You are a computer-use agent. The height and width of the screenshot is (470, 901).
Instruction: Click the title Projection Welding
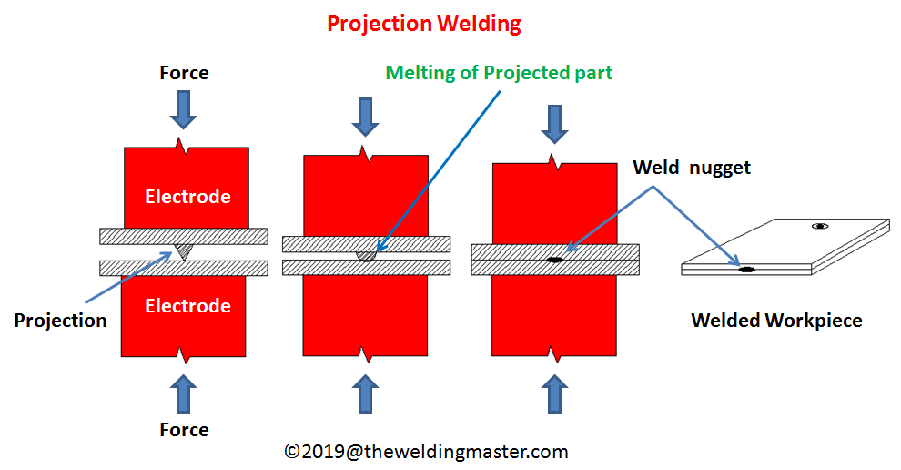click(x=424, y=24)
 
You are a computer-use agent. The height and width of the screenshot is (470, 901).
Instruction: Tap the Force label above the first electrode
click(x=184, y=73)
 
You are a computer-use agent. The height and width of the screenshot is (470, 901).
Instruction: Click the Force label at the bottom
click(x=184, y=429)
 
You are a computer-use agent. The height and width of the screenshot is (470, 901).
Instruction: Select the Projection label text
click(x=61, y=320)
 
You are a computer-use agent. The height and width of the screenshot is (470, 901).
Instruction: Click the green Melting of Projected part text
click(x=499, y=73)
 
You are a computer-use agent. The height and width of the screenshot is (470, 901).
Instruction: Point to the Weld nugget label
click(x=692, y=168)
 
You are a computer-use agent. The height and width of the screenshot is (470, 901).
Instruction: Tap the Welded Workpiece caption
click(x=776, y=320)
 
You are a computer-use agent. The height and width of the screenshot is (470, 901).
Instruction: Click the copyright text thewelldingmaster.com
click(x=426, y=451)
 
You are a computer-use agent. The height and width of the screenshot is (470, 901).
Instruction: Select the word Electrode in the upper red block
click(x=187, y=197)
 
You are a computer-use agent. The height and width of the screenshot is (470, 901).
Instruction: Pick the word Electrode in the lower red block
click(x=187, y=305)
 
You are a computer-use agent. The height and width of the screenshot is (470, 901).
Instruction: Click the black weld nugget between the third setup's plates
click(x=554, y=260)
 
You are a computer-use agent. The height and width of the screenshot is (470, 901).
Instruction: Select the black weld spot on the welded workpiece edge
click(x=746, y=270)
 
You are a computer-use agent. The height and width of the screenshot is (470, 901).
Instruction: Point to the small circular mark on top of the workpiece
click(x=820, y=226)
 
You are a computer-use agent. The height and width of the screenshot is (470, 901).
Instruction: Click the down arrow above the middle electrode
click(x=366, y=116)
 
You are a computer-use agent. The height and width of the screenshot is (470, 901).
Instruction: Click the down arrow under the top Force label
click(x=184, y=108)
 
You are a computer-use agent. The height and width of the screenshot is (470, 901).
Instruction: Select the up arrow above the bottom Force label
click(x=184, y=393)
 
